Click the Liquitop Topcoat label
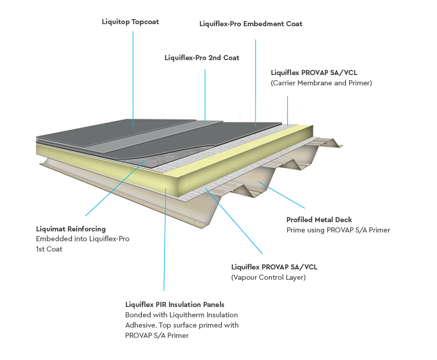pos(131,22)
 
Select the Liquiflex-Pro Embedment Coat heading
pos(250,24)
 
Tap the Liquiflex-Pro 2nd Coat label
pos(202,58)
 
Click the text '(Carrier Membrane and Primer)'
pos(321,83)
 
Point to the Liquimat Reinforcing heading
pos(71,229)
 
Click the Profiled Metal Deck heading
pos(319,220)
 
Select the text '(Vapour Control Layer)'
pos(268,277)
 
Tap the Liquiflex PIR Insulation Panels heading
pos(175,304)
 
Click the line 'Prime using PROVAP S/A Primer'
pos(338,230)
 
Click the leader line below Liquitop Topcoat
pos(133,77)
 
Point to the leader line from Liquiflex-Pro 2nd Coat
pos(205,93)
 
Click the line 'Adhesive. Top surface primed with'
pos(181,325)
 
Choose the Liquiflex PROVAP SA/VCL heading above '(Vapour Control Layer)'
pos(274,267)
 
